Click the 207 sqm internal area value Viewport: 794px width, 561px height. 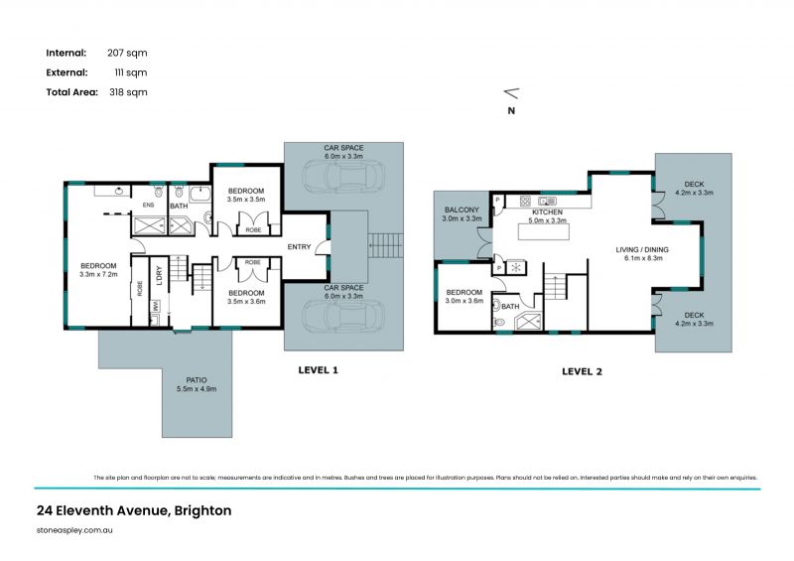[x=128, y=53]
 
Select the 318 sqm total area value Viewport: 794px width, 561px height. [x=128, y=91]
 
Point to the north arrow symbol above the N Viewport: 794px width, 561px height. [x=511, y=93]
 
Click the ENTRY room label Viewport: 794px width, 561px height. [x=300, y=246]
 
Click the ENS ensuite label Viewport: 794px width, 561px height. [x=149, y=206]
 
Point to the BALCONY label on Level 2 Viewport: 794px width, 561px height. [x=462, y=210]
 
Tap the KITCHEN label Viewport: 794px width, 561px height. [x=547, y=212]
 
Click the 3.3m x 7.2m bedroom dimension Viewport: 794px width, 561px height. [x=99, y=274]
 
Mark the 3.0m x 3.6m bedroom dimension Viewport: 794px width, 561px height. [x=463, y=300]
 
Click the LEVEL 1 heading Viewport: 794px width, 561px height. [x=319, y=370]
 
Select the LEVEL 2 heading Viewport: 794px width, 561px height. [x=582, y=372]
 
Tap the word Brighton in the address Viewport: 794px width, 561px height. [x=202, y=511]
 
